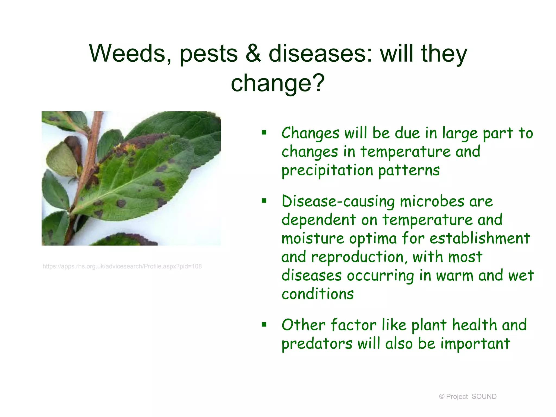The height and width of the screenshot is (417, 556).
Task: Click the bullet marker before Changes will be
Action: [264, 133]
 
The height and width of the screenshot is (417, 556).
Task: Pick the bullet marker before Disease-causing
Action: [264, 201]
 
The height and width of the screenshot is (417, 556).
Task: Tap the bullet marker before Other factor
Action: [264, 324]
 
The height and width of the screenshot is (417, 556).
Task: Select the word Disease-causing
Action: [338, 201]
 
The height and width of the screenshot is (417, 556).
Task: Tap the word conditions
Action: [318, 294]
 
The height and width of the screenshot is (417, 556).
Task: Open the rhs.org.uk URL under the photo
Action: [122, 266]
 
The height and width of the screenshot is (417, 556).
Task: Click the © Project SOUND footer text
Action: [467, 397]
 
